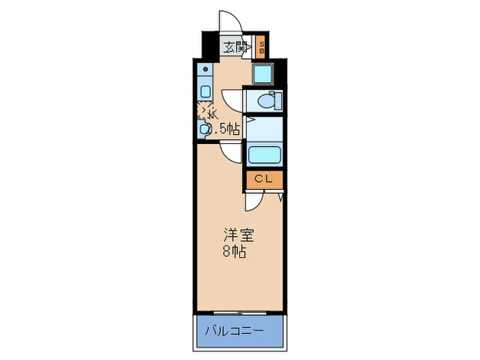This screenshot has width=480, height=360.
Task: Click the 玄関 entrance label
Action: click(x=235, y=47)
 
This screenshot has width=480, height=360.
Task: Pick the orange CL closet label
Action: click(x=264, y=180)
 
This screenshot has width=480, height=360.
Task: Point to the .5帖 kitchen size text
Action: click(x=226, y=128)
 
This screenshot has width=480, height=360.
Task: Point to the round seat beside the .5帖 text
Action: click(x=204, y=128)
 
